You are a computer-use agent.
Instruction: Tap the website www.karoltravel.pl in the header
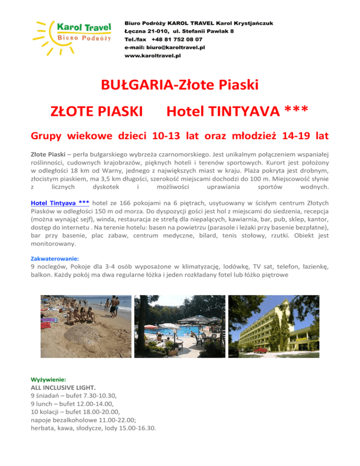click(152, 55)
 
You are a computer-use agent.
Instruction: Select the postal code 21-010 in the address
click(155, 31)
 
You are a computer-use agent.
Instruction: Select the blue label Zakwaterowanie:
click(55, 258)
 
